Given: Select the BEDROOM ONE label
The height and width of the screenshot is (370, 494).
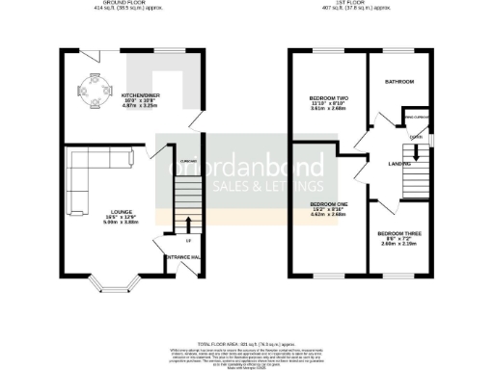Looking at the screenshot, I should click(327, 205).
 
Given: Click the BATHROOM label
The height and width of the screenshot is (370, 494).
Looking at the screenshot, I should click(399, 82).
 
